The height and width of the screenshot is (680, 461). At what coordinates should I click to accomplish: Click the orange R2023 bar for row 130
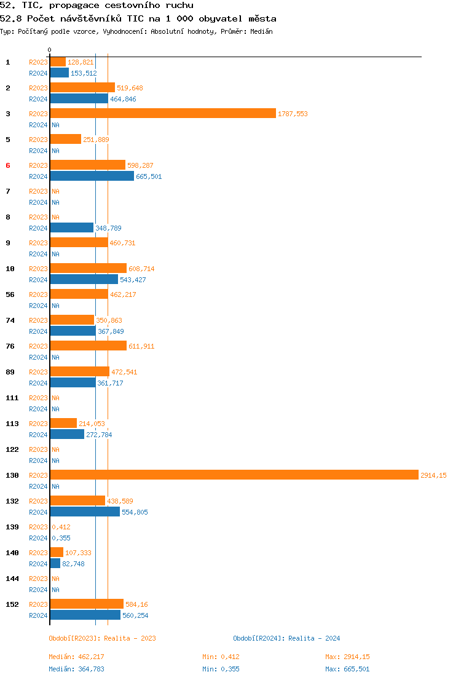click(x=234, y=475)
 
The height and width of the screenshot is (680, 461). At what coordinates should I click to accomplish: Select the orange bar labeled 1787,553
click(x=163, y=113)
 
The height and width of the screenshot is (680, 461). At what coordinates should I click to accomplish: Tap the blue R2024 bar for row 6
click(x=92, y=176)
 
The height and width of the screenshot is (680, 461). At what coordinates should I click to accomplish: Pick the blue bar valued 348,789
click(x=71, y=227)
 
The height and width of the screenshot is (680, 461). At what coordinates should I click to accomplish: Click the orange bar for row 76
click(x=88, y=346)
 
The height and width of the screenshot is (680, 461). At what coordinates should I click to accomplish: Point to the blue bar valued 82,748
click(x=55, y=563)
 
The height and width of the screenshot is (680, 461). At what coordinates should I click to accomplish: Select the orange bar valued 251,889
click(x=65, y=139)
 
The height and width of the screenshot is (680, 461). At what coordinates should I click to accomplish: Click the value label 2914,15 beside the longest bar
click(x=433, y=475)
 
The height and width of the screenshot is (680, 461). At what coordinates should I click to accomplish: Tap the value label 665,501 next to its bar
click(x=149, y=176)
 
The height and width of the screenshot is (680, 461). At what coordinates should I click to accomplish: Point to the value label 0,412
click(x=61, y=527)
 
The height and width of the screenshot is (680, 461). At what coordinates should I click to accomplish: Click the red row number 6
click(x=8, y=165)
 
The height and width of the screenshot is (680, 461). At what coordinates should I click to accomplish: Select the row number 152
click(x=12, y=604)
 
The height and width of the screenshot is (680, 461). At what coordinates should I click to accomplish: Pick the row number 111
click(x=12, y=398)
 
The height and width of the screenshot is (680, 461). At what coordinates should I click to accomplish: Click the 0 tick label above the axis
click(x=50, y=50)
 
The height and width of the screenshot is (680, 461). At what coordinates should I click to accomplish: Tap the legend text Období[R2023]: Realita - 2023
click(x=102, y=638)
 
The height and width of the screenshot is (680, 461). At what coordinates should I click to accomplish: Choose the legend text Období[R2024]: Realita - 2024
click(x=286, y=638)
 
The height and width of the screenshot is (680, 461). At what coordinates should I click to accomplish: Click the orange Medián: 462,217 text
click(x=81, y=657)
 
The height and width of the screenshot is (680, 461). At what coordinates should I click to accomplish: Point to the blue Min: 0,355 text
click(x=225, y=669)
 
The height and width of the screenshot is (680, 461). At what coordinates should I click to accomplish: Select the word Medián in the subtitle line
click(x=261, y=31)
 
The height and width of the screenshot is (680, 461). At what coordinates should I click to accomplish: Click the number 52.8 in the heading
click(x=11, y=18)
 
